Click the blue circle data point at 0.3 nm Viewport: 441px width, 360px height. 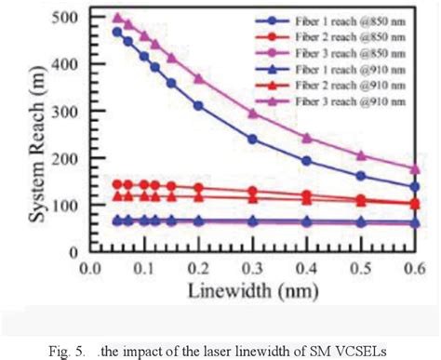click(x=252, y=139)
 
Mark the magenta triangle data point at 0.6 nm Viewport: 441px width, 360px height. click(x=413, y=168)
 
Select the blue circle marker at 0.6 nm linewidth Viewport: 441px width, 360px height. click(x=413, y=186)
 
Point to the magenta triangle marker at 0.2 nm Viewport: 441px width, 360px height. click(x=198, y=78)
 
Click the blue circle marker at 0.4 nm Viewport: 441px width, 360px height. click(x=306, y=160)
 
